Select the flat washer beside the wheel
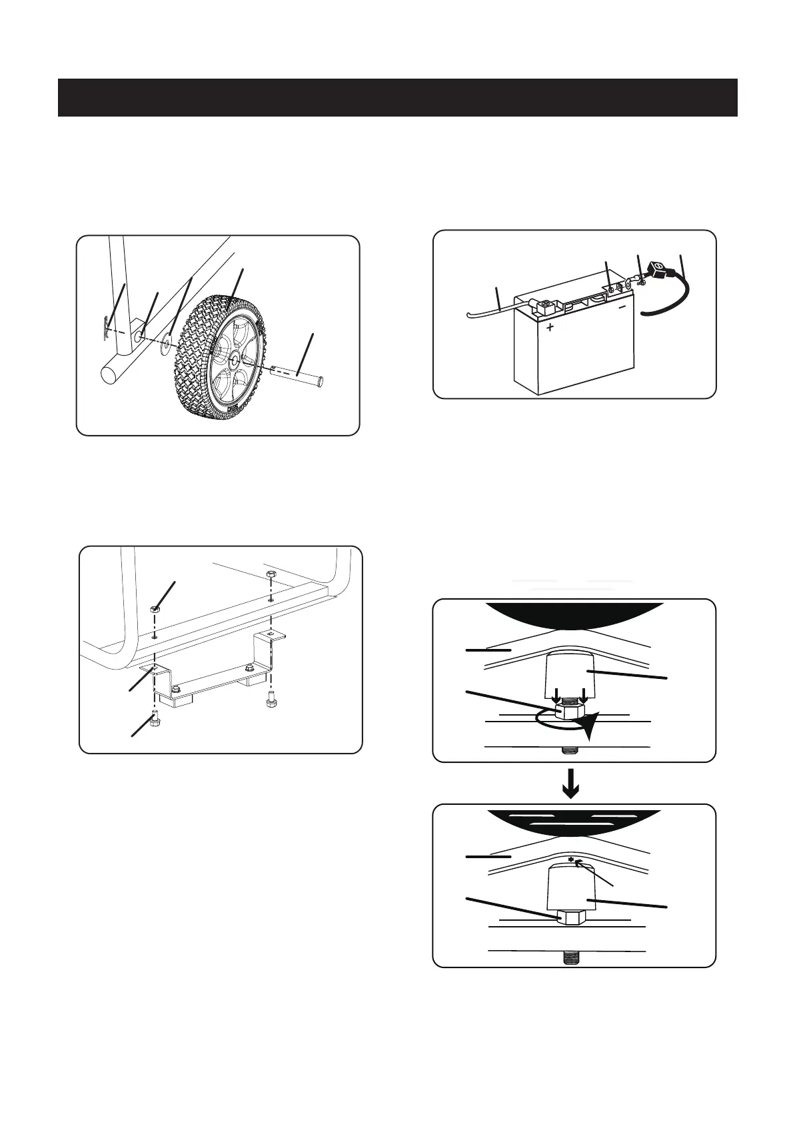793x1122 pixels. click(x=165, y=344)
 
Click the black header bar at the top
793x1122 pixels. click(x=397, y=97)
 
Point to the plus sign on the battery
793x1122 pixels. click(x=550, y=328)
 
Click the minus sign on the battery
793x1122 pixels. click(x=622, y=308)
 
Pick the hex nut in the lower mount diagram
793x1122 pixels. click(x=570, y=917)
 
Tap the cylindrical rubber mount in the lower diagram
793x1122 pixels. click(x=572, y=887)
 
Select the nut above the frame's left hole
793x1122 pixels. click(x=155, y=608)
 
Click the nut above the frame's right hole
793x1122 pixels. click(x=271, y=574)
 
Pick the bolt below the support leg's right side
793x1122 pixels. click(x=271, y=702)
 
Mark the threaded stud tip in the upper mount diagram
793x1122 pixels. click(x=570, y=750)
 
